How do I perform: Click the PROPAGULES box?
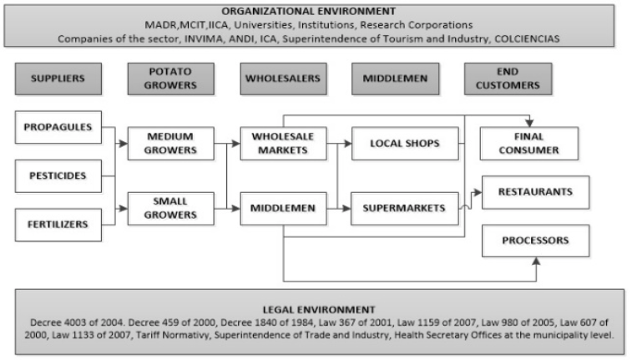point(58,128)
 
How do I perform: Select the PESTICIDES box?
point(58,176)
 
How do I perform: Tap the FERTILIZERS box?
point(58,225)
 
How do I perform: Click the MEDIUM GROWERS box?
point(171,144)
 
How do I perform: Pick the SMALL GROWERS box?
point(171,209)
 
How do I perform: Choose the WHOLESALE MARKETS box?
point(283,144)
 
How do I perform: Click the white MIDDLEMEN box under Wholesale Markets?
point(283,209)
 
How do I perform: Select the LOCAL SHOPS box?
point(405,144)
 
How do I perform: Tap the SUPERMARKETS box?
point(405,209)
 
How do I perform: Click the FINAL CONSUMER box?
point(529,144)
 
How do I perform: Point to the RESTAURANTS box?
point(536,192)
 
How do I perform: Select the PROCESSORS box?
point(536,241)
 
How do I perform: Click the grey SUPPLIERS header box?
point(58,79)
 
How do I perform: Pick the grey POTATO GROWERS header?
point(171,79)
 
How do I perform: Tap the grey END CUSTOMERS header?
point(508,79)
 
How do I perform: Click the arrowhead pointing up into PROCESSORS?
point(536,261)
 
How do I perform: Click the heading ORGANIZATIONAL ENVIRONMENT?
point(309,12)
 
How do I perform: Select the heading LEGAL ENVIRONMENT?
point(319,310)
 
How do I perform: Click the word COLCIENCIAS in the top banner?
point(527,38)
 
